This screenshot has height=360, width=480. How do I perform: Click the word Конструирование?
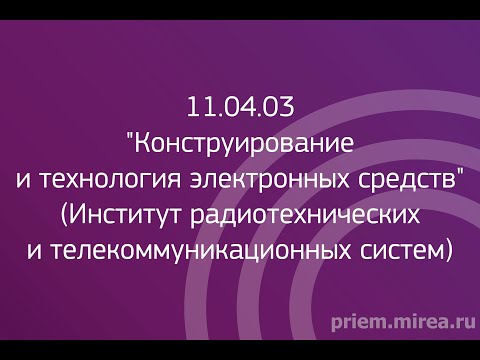click(x=245, y=142)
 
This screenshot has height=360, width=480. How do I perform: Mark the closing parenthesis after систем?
click(x=447, y=251)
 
